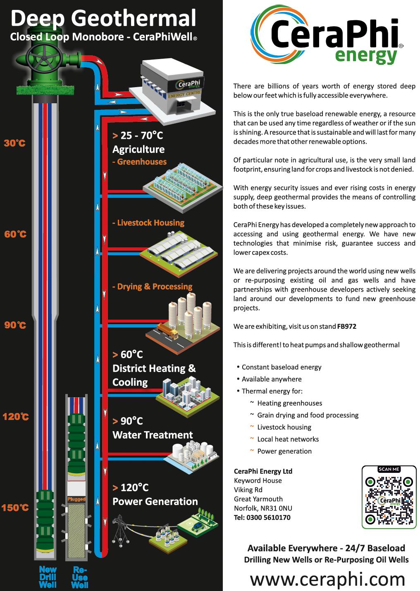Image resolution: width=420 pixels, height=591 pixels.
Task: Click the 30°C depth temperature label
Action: click(x=15, y=143)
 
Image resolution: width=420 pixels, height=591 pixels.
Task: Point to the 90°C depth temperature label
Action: click(x=15, y=325)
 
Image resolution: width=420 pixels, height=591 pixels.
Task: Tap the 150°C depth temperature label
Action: click(x=15, y=508)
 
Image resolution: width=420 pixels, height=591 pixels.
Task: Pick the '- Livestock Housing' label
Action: click(x=148, y=223)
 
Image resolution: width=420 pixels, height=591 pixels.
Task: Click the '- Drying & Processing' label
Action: click(x=152, y=287)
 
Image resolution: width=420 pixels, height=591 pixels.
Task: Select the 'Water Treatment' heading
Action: click(x=153, y=435)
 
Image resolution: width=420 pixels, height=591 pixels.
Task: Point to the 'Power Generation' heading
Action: click(x=155, y=501)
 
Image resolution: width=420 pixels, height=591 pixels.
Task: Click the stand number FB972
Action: click(x=346, y=326)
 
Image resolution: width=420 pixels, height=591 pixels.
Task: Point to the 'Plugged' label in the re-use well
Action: click(x=76, y=500)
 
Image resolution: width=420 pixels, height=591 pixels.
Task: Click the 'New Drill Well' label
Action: click(x=48, y=577)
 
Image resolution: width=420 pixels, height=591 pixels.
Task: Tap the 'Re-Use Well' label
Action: click(x=79, y=577)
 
